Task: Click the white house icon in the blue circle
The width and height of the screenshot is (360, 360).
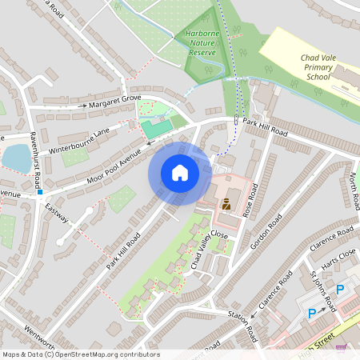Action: [x=180, y=174]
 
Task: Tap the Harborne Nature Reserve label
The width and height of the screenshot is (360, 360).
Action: [x=203, y=43]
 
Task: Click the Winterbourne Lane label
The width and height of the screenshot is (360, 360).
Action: [x=78, y=140]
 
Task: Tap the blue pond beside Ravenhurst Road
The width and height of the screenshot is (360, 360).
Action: [x=16, y=158]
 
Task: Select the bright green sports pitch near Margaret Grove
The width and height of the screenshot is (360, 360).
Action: [x=158, y=126]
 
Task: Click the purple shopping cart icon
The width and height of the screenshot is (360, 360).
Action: [x=343, y=347]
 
